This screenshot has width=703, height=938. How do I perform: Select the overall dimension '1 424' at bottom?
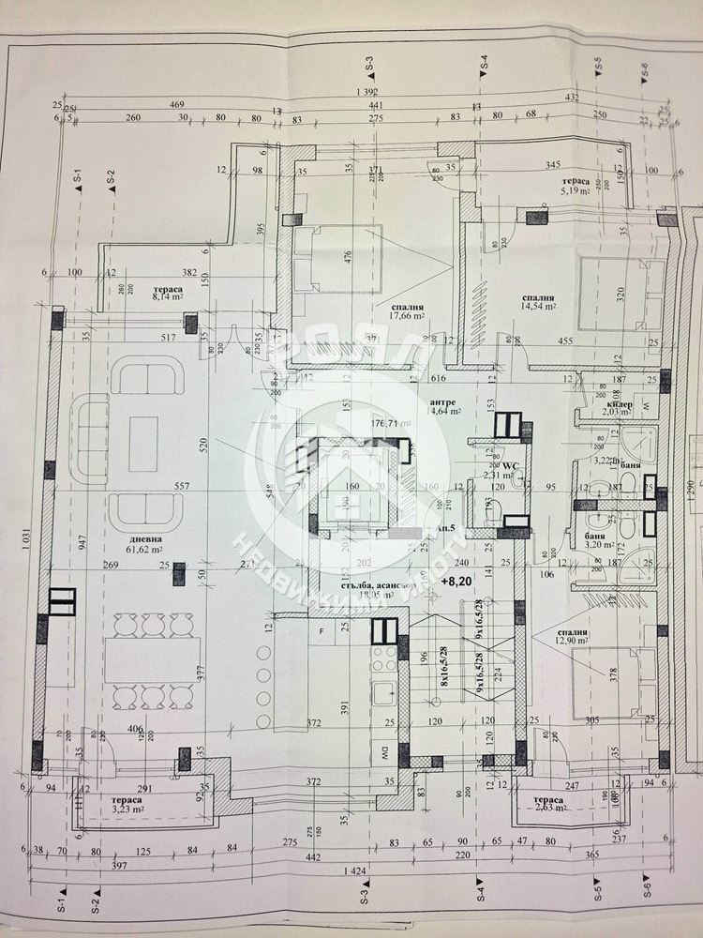coord(353,870)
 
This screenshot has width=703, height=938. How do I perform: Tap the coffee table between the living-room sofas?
coord(143,444)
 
